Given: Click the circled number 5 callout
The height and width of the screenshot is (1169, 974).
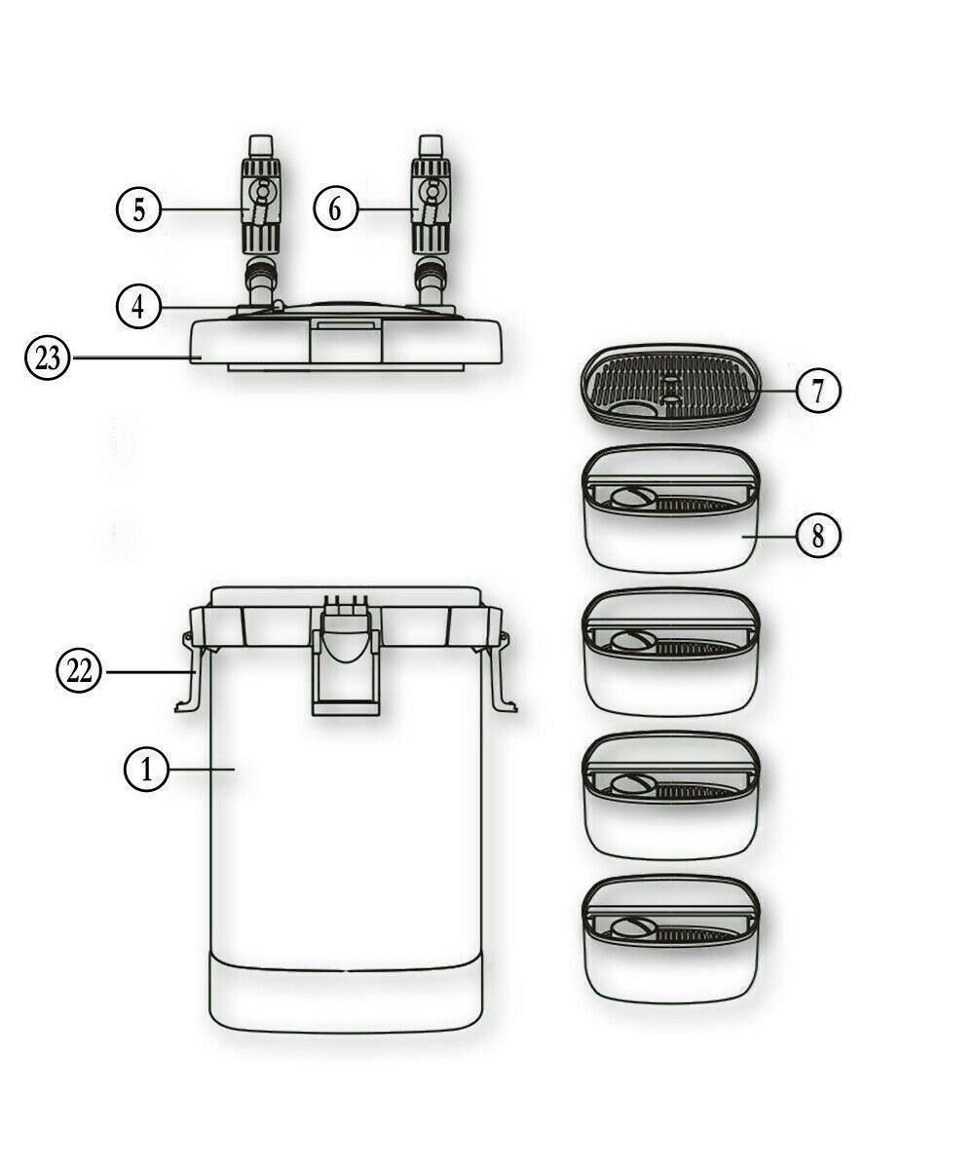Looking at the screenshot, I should point(140,209).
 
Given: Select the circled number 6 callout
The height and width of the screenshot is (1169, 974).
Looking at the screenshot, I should point(335,209).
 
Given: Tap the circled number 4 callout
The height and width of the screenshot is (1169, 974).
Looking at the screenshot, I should point(140,307).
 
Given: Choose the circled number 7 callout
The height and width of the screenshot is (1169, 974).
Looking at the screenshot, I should point(818,392).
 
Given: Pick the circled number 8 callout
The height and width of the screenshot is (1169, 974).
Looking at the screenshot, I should point(818,536).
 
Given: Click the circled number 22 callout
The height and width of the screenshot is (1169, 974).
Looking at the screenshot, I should point(79,671).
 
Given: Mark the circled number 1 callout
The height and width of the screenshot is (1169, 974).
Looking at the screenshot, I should point(147,771).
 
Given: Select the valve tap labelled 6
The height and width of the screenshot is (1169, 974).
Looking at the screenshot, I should point(430,205).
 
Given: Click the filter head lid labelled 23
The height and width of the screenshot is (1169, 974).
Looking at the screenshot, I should point(346,341).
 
